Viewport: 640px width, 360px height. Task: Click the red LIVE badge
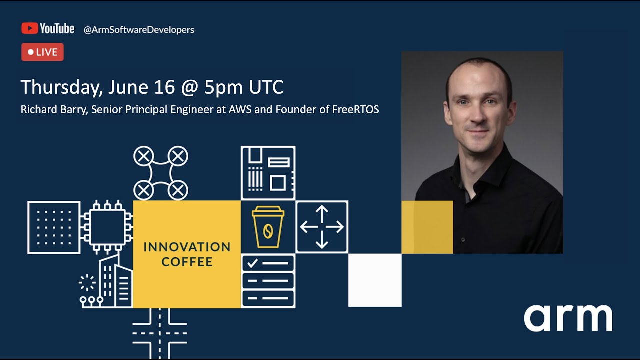42,52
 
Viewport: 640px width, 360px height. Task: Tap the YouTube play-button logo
30,29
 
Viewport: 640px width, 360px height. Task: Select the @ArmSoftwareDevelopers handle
139,30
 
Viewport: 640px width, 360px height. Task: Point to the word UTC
266,87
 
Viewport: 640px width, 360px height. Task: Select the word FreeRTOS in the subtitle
355,110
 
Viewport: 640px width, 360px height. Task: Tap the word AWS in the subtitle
240,110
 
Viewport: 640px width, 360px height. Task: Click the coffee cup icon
268,227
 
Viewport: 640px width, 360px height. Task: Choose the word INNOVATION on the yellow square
187,247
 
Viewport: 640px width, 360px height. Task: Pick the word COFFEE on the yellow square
187,262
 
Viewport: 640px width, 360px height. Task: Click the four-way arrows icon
322,227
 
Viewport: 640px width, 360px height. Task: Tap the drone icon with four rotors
160,173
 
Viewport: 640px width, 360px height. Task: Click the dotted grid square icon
54,227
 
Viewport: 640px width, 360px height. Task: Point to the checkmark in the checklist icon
253,262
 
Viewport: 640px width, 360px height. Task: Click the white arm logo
568,318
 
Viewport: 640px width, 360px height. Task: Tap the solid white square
375,280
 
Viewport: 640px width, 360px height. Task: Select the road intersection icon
160,332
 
